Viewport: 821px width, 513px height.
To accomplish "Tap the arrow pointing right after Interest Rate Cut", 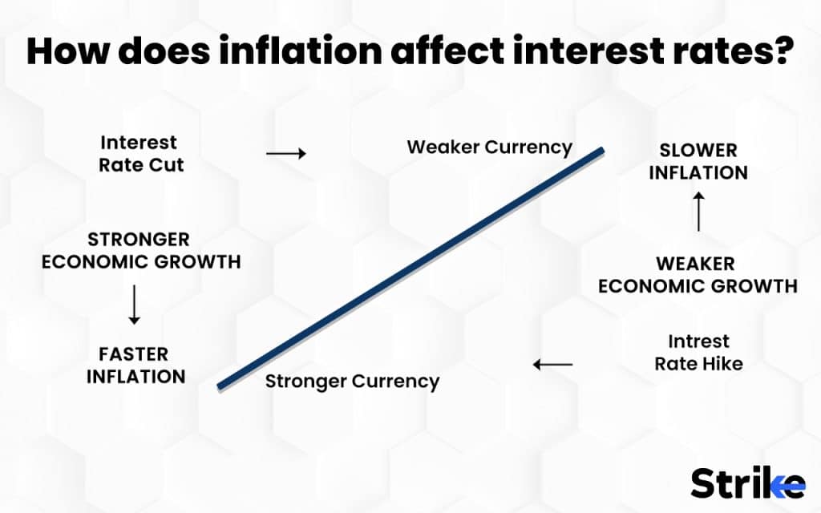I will tap(285, 153).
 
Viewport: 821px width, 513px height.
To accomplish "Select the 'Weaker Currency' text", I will tap(489, 147).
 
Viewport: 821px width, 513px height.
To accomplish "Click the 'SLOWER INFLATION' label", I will tap(698, 161).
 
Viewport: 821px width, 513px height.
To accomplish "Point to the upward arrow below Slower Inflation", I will tap(698, 212).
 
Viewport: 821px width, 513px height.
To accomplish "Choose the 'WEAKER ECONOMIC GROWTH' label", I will tap(698, 274).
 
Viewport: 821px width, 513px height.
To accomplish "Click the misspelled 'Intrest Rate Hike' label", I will tap(698, 352).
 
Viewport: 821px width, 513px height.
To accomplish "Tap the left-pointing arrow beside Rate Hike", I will tap(553, 365).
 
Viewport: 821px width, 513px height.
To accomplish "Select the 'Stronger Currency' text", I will tap(352, 381).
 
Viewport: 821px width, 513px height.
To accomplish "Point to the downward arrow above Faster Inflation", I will tap(134, 304).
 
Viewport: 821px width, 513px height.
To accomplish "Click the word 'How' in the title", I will tap(63, 51).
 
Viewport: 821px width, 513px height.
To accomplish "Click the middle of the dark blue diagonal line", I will tap(410, 269).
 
